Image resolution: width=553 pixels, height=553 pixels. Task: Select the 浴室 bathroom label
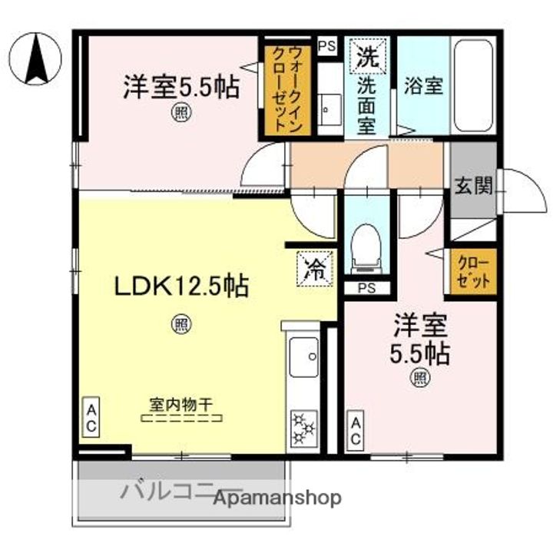[x=422, y=86]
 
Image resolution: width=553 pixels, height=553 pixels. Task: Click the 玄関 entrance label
[x=472, y=187]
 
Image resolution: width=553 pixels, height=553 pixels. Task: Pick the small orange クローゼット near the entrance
[x=473, y=271]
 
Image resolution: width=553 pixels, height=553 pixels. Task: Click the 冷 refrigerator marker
[x=315, y=269]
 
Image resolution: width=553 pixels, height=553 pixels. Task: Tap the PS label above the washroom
[x=327, y=45]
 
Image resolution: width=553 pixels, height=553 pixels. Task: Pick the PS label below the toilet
[x=366, y=288]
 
